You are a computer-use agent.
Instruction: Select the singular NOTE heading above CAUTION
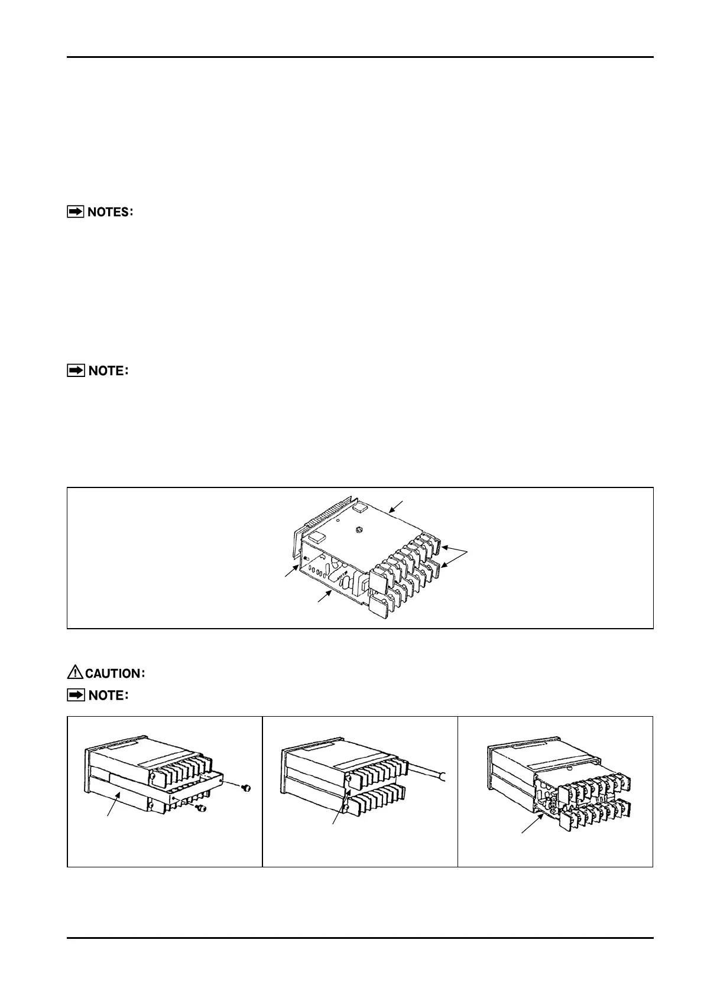[x=106, y=371]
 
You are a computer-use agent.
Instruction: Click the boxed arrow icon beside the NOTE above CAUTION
[x=75, y=371]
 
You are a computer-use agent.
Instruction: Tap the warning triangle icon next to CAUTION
[x=75, y=672]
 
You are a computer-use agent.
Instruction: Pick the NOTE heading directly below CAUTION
[x=106, y=695]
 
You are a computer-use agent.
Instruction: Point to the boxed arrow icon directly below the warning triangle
[x=75, y=695]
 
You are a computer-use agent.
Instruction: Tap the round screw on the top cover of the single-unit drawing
[x=360, y=530]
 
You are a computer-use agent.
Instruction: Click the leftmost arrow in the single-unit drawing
[x=291, y=570]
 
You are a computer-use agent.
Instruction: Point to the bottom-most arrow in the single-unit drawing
[x=324, y=596]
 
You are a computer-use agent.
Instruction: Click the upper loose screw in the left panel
[x=247, y=787]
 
